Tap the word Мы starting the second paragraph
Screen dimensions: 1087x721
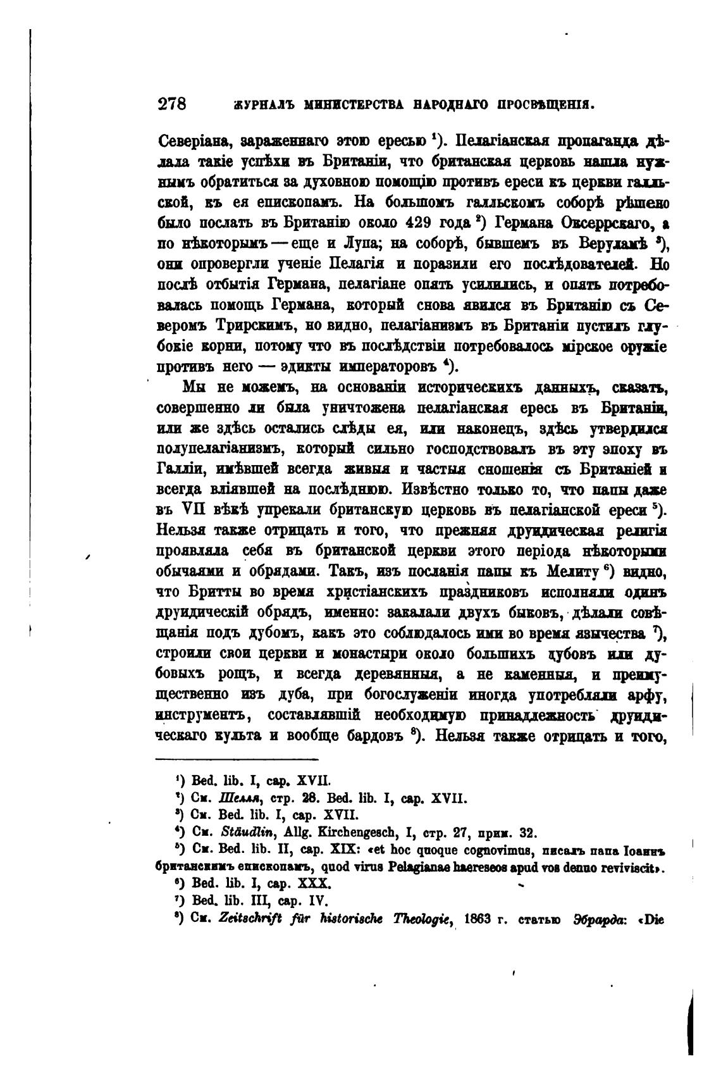tap(195, 387)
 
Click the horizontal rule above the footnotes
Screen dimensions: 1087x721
tap(237, 759)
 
